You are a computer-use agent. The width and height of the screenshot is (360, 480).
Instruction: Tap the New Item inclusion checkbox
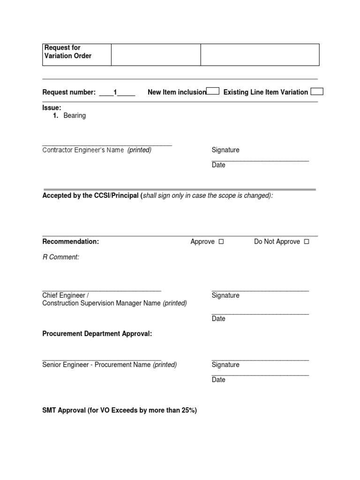pyautogui.click(x=213, y=91)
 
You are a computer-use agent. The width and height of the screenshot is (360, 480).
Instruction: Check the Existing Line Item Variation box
pyautogui.click(x=317, y=91)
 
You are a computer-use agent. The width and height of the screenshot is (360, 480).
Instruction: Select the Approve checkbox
pyautogui.click(x=221, y=242)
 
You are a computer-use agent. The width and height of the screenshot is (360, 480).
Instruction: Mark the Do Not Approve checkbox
pyautogui.click(x=307, y=242)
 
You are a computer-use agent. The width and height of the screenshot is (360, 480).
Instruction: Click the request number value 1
pyautogui.click(x=115, y=92)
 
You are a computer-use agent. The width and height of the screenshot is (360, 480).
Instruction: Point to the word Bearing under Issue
pyautogui.click(x=75, y=115)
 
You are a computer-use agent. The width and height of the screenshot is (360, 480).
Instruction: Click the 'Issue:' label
pyautogui.click(x=52, y=108)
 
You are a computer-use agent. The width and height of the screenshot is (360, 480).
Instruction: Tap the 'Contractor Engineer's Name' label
pyautogui.click(x=83, y=150)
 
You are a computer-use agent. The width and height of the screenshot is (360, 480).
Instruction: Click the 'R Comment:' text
pyautogui.click(x=61, y=257)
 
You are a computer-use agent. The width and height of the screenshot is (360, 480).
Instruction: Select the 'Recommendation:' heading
pyautogui.click(x=71, y=241)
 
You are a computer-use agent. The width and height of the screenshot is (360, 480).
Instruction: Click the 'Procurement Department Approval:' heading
pyautogui.click(x=97, y=334)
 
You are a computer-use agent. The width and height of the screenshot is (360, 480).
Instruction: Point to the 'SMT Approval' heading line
pyautogui.click(x=120, y=410)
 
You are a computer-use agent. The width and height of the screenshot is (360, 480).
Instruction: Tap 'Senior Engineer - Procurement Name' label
pyautogui.click(x=97, y=365)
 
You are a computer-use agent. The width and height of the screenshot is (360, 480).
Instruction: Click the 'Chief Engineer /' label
pyautogui.click(x=66, y=295)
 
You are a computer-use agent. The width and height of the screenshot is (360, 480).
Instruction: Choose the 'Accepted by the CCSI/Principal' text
pyautogui.click(x=91, y=195)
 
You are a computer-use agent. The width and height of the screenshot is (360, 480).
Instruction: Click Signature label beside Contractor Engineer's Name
pyautogui.click(x=225, y=150)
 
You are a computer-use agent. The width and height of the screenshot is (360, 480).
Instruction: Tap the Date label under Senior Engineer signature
pyautogui.click(x=218, y=380)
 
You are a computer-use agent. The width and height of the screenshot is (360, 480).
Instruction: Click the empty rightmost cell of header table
pyautogui.click(x=260, y=54)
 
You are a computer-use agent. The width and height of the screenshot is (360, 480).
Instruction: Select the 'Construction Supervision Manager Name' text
pyautogui.click(x=102, y=303)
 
